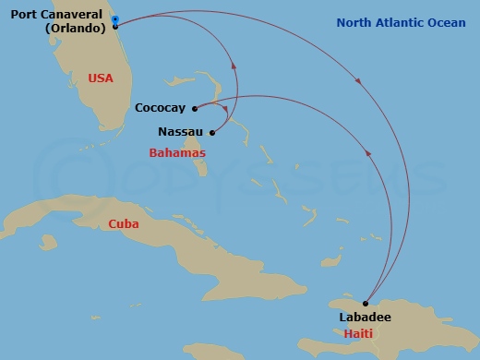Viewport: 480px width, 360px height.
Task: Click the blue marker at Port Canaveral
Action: point(114,18)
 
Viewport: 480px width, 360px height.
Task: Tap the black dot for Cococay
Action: point(194,108)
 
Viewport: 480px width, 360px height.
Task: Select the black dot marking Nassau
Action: point(211,132)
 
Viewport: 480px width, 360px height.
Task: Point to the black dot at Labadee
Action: point(366,303)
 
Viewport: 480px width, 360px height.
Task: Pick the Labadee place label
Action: point(365,317)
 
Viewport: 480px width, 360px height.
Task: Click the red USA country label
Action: point(100,78)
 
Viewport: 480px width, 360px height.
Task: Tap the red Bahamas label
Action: point(176,152)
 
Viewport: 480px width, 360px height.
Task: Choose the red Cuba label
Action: point(124,224)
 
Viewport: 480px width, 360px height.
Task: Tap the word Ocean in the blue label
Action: point(447,22)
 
